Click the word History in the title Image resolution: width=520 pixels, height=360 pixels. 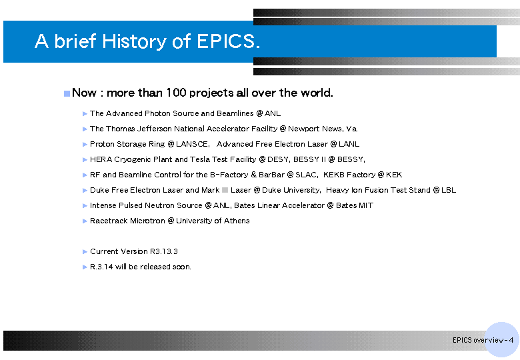(x=135, y=41)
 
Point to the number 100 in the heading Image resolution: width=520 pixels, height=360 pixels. (x=176, y=93)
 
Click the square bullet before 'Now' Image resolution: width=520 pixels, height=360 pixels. (x=67, y=93)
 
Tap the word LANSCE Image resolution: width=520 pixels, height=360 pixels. (x=193, y=144)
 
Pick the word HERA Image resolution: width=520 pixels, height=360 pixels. (x=101, y=159)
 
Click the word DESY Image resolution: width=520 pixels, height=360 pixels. (x=278, y=159)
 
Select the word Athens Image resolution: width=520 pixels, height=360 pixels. (x=237, y=221)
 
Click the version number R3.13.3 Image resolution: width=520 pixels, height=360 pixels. (x=164, y=251)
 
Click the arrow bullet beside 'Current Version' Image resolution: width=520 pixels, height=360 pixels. (x=85, y=252)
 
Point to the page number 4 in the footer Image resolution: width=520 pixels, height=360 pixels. (x=511, y=340)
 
